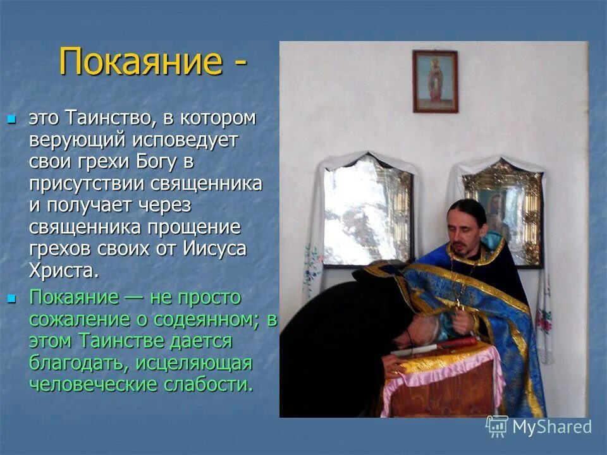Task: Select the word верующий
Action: (78, 140)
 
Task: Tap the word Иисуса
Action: (215, 248)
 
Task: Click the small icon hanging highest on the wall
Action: (435, 81)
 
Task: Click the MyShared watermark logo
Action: (538, 426)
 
